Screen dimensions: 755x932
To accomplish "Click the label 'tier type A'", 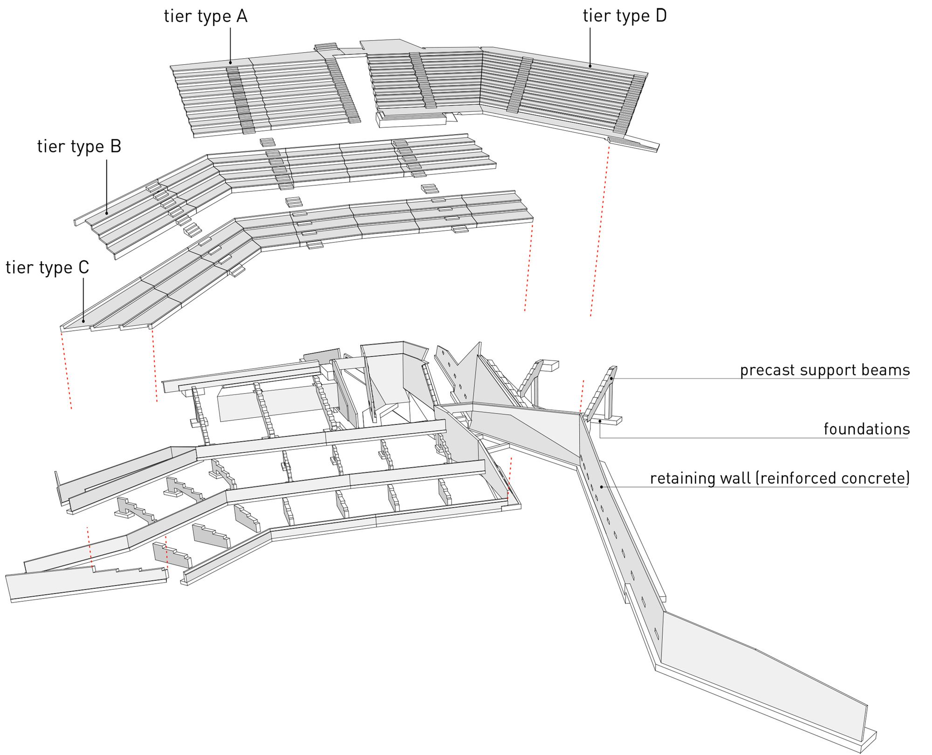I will (206, 16).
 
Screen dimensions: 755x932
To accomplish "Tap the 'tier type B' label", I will (79, 147).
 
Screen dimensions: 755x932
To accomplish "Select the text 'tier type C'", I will (47, 268).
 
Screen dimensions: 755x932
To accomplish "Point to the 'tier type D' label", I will (624, 16).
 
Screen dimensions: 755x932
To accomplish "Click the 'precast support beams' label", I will (825, 370).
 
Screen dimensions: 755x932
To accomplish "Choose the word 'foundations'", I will (866, 429).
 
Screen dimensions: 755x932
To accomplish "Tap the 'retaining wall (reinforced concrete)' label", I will (780, 479).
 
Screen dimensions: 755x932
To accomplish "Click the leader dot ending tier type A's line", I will (230, 63).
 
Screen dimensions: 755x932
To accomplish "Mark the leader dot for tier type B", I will (107, 213).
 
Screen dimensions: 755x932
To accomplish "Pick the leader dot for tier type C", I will (83, 321).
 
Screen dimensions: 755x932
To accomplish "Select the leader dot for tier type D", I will (590, 66).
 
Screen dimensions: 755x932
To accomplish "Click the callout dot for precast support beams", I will (611, 379).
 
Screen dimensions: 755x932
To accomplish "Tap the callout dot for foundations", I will (600, 421).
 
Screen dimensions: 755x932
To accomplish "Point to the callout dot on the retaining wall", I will (602, 487).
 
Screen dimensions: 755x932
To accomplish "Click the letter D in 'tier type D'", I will (661, 16).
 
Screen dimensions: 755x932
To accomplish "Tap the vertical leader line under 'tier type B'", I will (107, 186).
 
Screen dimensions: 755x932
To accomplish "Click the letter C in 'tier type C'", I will (83, 267).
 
